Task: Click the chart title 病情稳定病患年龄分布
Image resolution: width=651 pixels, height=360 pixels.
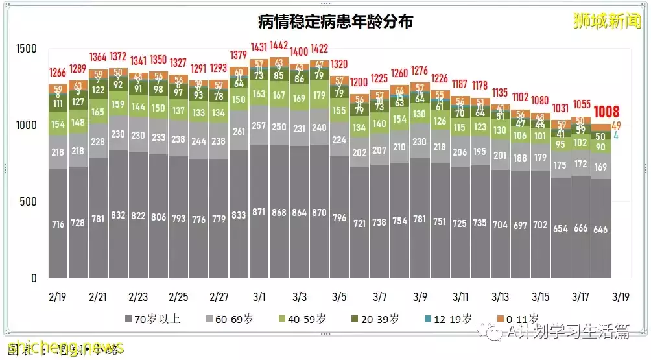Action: pyautogui.click(x=335, y=22)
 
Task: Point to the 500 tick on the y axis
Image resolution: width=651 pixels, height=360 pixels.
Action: pyautogui.click(x=27, y=202)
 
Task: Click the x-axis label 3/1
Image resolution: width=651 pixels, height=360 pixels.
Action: pyautogui.click(x=259, y=297)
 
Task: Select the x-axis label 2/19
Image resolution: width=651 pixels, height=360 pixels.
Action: pyautogui.click(x=57, y=297)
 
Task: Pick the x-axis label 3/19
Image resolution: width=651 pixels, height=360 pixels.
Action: pyautogui.click(x=621, y=297)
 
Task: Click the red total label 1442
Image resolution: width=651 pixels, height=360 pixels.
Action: pyautogui.click(x=279, y=46)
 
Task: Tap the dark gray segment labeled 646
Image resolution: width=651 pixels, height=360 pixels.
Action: pyautogui.click(x=600, y=230)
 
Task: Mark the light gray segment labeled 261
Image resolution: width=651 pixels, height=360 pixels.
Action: pyautogui.click(x=239, y=132)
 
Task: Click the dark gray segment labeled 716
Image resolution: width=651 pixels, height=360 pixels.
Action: pyautogui.click(x=58, y=224)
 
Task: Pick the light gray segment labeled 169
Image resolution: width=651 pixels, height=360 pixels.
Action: pyautogui.click(x=600, y=167)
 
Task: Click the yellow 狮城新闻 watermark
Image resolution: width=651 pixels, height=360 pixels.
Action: pyautogui.click(x=607, y=21)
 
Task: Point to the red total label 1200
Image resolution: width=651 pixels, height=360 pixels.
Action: pyautogui.click(x=359, y=82)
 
